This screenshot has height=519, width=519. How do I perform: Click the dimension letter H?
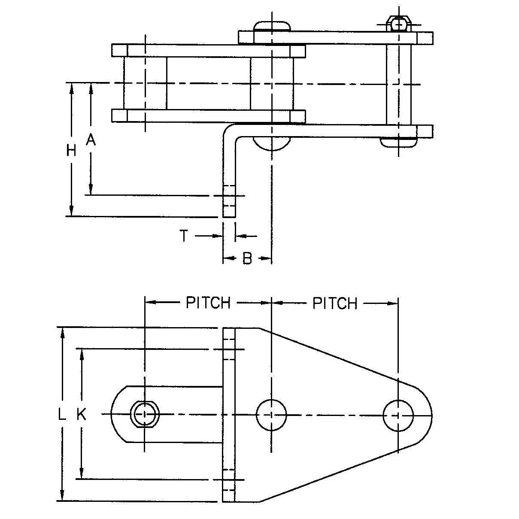pos(71,150)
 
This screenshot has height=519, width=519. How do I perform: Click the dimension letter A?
pos(91,140)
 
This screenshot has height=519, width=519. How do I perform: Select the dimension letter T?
pos(184,236)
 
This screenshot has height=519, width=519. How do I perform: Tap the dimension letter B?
pos(247,258)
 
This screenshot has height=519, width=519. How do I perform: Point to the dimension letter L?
pos(63,415)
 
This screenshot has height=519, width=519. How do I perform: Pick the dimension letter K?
pos(82,415)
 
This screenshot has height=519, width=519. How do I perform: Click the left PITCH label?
pos(208,303)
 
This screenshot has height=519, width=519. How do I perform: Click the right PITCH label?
pos(334,303)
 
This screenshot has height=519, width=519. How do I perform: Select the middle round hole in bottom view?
pos(271,415)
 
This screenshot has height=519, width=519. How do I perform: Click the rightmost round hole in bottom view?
pos(398,415)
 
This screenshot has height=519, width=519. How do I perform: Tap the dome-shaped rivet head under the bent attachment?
pos(271,143)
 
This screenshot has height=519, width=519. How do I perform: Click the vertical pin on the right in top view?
pos(399,84)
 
